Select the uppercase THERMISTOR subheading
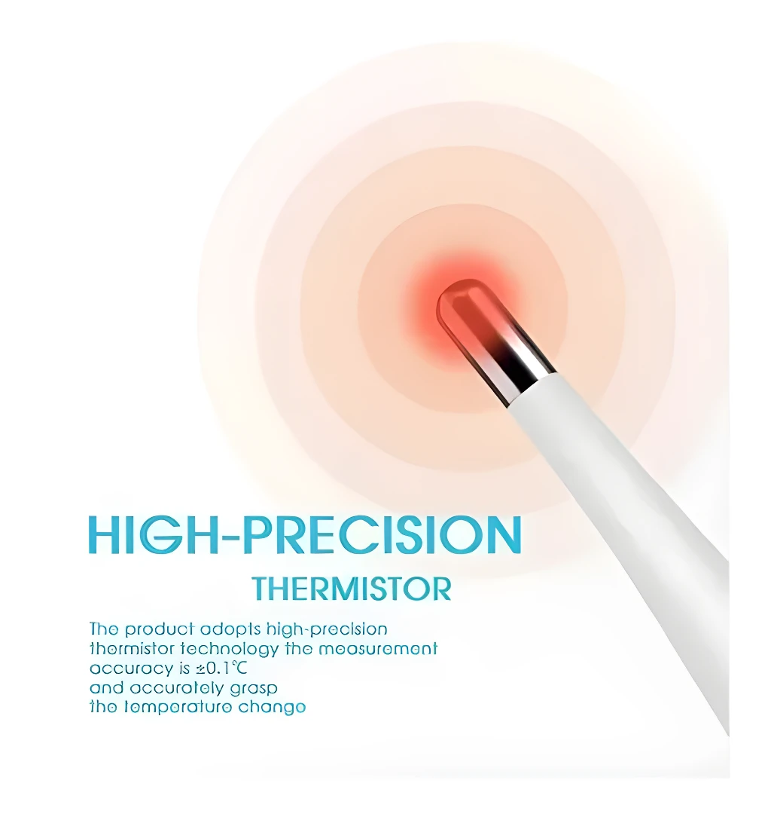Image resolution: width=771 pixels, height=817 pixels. (x=352, y=588)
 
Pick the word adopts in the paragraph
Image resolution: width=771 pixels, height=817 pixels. (x=220, y=629)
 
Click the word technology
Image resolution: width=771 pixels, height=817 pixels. (x=230, y=648)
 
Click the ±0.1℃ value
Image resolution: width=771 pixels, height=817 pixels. (x=224, y=668)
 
